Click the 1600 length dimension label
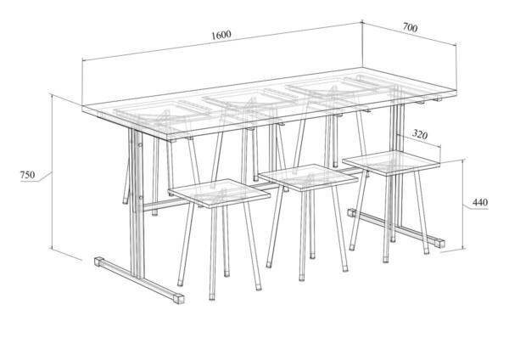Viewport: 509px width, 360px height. [221, 35]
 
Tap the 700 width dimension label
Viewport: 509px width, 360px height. [410, 28]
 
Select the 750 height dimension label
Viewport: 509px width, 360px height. [28, 175]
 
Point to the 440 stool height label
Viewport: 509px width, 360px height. [480, 202]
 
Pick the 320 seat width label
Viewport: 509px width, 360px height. [420, 134]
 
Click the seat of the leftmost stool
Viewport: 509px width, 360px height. [220, 193]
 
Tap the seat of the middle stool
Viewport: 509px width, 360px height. [309, 177]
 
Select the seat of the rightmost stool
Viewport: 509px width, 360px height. [391, 163]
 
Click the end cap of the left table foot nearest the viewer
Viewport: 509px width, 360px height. [179, 299]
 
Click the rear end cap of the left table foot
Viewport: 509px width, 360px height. [98, 262]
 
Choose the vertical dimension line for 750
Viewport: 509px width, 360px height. [52, 172]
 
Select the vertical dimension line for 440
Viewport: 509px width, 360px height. [463, 204]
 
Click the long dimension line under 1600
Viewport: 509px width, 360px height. [222, 42]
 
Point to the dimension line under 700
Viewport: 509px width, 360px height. [410, 33]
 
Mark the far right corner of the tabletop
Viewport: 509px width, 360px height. [456, 89]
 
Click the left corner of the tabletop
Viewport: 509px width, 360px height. [82, 106]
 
